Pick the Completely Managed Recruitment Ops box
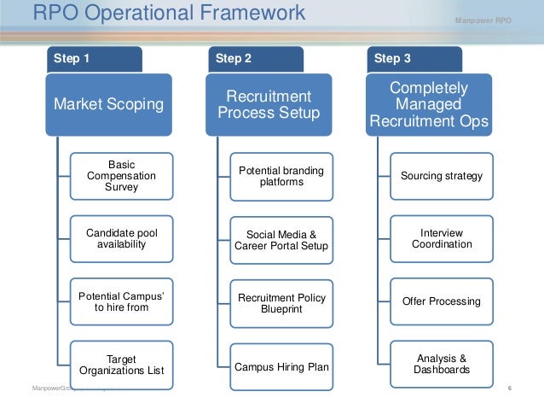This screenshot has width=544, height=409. tap(428, 104)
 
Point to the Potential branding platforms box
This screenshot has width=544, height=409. tap(281, 176)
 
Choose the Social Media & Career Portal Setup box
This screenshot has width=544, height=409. tap(281, 239)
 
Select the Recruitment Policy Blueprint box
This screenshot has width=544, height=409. tap(281, 301)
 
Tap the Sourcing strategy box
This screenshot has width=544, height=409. tap(441, 176)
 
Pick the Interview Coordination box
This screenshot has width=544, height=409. tap(441, 239)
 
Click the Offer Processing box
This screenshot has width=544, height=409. tap(441, 301)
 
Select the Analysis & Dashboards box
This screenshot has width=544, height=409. tap(441, 365)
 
